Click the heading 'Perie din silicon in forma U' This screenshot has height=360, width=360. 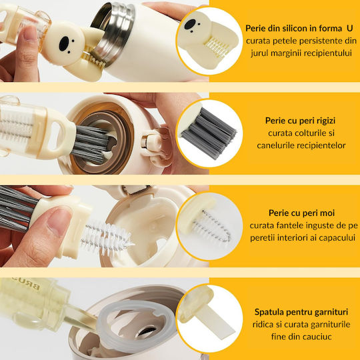click(x=299, y=28)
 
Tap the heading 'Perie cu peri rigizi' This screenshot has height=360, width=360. click(x=300, y=121)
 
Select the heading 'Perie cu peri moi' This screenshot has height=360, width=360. click(x=302, y=213)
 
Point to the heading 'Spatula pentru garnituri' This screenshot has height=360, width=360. click(x=301, y=312)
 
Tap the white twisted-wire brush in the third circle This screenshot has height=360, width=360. click(x=212, y=227)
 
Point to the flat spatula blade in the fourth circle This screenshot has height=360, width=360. click(x=217, y=322)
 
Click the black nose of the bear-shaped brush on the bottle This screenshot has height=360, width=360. click(x=64, y=43)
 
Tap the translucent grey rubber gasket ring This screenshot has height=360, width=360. click(x=136, y=325)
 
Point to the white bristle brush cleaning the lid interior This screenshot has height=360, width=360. click(x=106, y=238)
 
